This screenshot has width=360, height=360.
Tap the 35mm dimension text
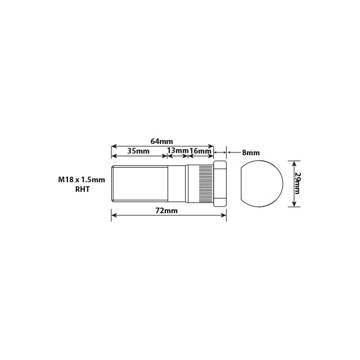pyautogui.click(x=138, y=151)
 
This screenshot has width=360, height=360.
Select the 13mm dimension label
pyautogui.click(x=178, y=151)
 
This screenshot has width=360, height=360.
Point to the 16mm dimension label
pyautogui.click(x=200, y=151)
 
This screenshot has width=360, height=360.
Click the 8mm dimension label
pyautogui.click(x=250, y=152)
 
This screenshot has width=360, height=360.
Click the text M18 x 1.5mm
pyautogui.click(x=82, y=179)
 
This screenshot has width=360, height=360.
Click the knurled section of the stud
pyautogui.click(x=200, y=183)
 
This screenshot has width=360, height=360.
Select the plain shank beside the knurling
pyautogui.click(x=177, y=183)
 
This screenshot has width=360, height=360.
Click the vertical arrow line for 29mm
pyautogui.click(x=291, y=183)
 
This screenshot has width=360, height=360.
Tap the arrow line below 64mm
pyautogui.click(x=163, y=146)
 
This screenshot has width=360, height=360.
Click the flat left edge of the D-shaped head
pyautogui.click(x=240, y=183)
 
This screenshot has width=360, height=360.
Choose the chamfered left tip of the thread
pyautogui.click(x=113, y=183)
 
